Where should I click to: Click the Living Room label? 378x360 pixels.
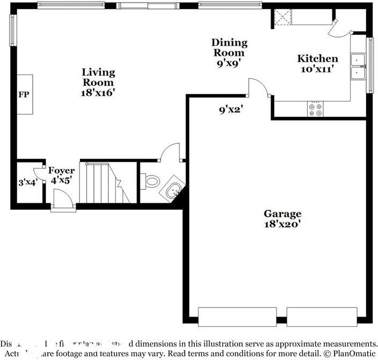98,77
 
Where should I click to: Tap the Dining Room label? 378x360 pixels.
229,47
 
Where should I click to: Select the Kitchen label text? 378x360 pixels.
318,58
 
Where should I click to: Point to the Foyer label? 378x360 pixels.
61,171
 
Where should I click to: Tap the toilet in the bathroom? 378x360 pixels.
151,181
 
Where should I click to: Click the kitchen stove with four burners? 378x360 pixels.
316,109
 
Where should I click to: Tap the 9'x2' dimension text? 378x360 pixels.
231,110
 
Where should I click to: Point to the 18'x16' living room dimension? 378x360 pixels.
98,92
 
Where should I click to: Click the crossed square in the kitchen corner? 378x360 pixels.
281,18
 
